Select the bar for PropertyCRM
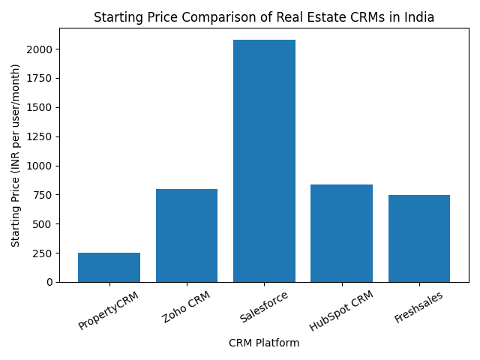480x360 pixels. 109,267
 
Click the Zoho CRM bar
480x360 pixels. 187,235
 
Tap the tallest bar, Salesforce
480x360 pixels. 264,160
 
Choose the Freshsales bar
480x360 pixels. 419,238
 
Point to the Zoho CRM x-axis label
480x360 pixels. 187,307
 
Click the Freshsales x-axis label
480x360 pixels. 418,307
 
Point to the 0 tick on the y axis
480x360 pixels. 49,282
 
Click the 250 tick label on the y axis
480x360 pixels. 43,253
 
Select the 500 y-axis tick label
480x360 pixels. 43,224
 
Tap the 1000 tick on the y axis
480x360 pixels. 40,166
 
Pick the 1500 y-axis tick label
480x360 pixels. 40,107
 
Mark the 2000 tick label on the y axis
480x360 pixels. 40,49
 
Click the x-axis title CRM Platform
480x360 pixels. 264,343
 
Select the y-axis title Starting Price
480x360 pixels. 16,155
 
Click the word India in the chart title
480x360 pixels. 418,17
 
